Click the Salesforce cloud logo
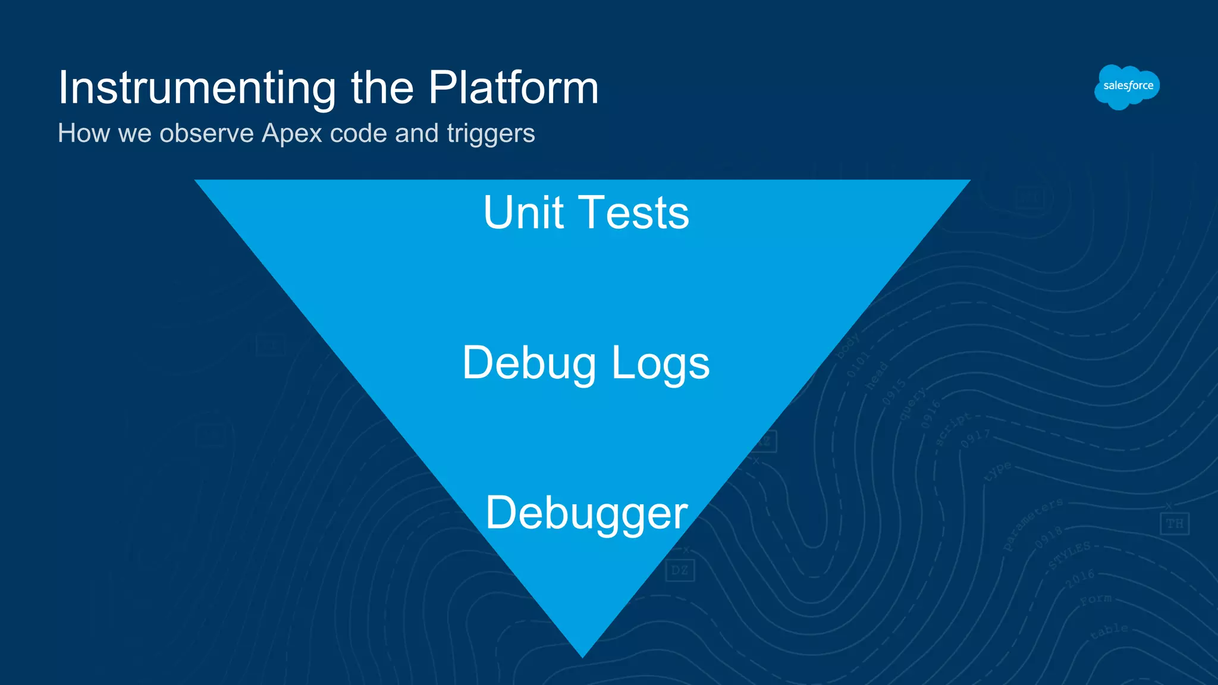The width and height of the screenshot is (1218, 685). tap(1126, 87)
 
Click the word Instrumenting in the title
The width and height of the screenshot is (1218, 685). tap(197, 88)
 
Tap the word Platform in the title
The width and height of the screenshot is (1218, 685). tap(513, 88)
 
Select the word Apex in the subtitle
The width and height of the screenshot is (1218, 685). tap(292, 133)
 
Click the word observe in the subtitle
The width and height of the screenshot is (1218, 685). tap(207, 133)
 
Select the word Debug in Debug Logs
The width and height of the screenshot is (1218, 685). tap(529, 363)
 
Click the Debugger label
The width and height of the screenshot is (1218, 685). tap(586, 513)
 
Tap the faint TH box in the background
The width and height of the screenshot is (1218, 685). tap(1174, 524)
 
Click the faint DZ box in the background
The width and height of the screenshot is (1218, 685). tap(679, 571)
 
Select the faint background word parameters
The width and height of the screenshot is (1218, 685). tap(1032, 524)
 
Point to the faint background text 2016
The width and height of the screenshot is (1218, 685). tap(1080, 577)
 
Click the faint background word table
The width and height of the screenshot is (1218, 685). tap(1109, 631)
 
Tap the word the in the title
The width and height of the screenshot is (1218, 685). tap(382, 88)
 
